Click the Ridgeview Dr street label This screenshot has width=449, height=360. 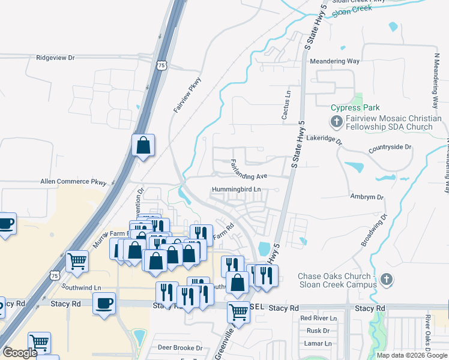(55, 58)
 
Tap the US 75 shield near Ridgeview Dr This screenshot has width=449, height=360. (160, 65)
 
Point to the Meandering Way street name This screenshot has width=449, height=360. (334, 61)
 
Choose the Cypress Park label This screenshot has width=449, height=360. (355, 108)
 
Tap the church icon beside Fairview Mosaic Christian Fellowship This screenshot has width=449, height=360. (336, 122)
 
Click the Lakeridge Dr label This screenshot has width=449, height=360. (324, 143)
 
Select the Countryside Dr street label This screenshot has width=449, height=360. (390, 146)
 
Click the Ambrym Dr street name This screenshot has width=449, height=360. (367, 197)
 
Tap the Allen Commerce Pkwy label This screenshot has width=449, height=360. (73, 181)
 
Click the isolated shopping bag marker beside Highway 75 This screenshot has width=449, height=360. (143, 145)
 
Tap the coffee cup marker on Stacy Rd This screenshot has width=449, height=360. (104, 302)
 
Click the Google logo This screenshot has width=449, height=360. (20, 353)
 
